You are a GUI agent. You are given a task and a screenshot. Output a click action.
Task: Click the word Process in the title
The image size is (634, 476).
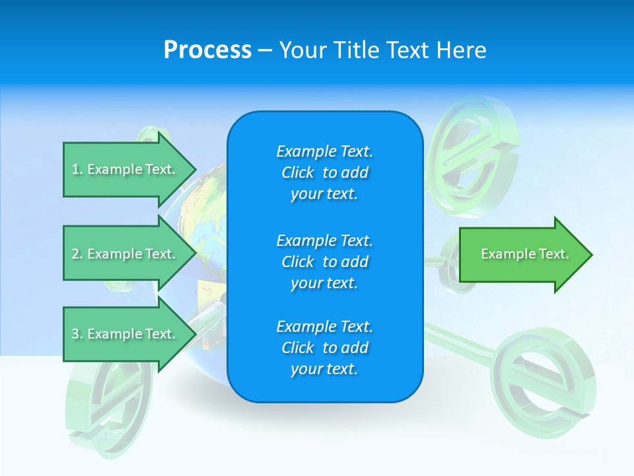click(x=207, y=50)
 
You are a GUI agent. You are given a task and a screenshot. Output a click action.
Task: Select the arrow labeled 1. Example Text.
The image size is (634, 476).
click(x=125, y=169)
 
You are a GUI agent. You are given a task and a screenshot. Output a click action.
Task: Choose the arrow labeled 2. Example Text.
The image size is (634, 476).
click(x=125, y=254)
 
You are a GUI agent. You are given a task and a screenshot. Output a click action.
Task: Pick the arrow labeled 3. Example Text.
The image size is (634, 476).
click(x=125, y=334)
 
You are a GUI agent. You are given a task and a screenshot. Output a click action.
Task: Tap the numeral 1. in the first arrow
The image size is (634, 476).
click(x=77, y=169)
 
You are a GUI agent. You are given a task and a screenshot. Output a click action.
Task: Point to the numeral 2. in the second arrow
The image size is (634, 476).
click(x=77, y=254)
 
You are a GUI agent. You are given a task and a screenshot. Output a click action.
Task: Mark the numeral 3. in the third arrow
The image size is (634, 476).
click(x=77, y=334)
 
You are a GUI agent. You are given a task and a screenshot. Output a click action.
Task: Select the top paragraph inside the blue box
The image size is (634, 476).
click(x=324, y=173)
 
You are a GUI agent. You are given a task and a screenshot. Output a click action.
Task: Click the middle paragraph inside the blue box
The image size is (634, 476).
click(x=324, y=261)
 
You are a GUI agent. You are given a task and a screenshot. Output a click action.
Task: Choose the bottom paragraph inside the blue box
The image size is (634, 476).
click(x=324, y=348)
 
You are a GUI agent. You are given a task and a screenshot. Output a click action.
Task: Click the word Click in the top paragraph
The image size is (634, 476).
click(x=298, y=173)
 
